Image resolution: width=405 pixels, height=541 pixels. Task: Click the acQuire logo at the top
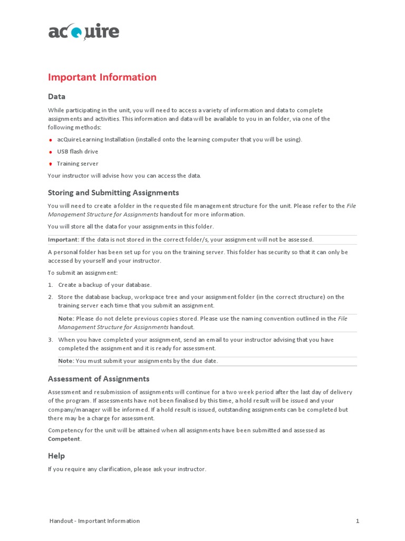coord(83,32)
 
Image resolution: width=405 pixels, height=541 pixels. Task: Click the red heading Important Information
coord(102,77)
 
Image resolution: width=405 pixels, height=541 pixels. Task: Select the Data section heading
coord(56,96)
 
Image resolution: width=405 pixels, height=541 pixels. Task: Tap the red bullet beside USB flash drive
coord(50,152)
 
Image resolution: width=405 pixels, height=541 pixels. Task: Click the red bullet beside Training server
coord(50,164)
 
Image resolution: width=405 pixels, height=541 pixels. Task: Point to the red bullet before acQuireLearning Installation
coord(50,140)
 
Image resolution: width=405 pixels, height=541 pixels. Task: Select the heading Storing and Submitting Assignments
coord(113,192)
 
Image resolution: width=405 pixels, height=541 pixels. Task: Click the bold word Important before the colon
coord(63,239)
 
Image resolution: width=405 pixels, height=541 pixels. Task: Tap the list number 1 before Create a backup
coord(50,285)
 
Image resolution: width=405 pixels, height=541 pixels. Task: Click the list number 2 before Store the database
coord(50,297)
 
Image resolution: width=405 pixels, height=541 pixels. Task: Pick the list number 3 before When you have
coord(50,340)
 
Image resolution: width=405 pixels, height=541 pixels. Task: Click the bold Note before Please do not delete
coord(66,319)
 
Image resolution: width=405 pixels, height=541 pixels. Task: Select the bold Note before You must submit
coord(66,361)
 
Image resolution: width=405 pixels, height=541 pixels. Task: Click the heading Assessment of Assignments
coord(99,379)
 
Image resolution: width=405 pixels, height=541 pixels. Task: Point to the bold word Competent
coord(64,439)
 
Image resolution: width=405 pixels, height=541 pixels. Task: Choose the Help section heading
coord(56,456)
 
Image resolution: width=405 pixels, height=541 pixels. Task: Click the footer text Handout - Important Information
coord(94,521)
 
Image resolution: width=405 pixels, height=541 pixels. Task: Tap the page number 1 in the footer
coord(357,521)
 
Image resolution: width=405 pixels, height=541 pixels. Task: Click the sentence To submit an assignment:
coord(82,273)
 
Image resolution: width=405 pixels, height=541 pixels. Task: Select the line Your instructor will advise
coord(124,175)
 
